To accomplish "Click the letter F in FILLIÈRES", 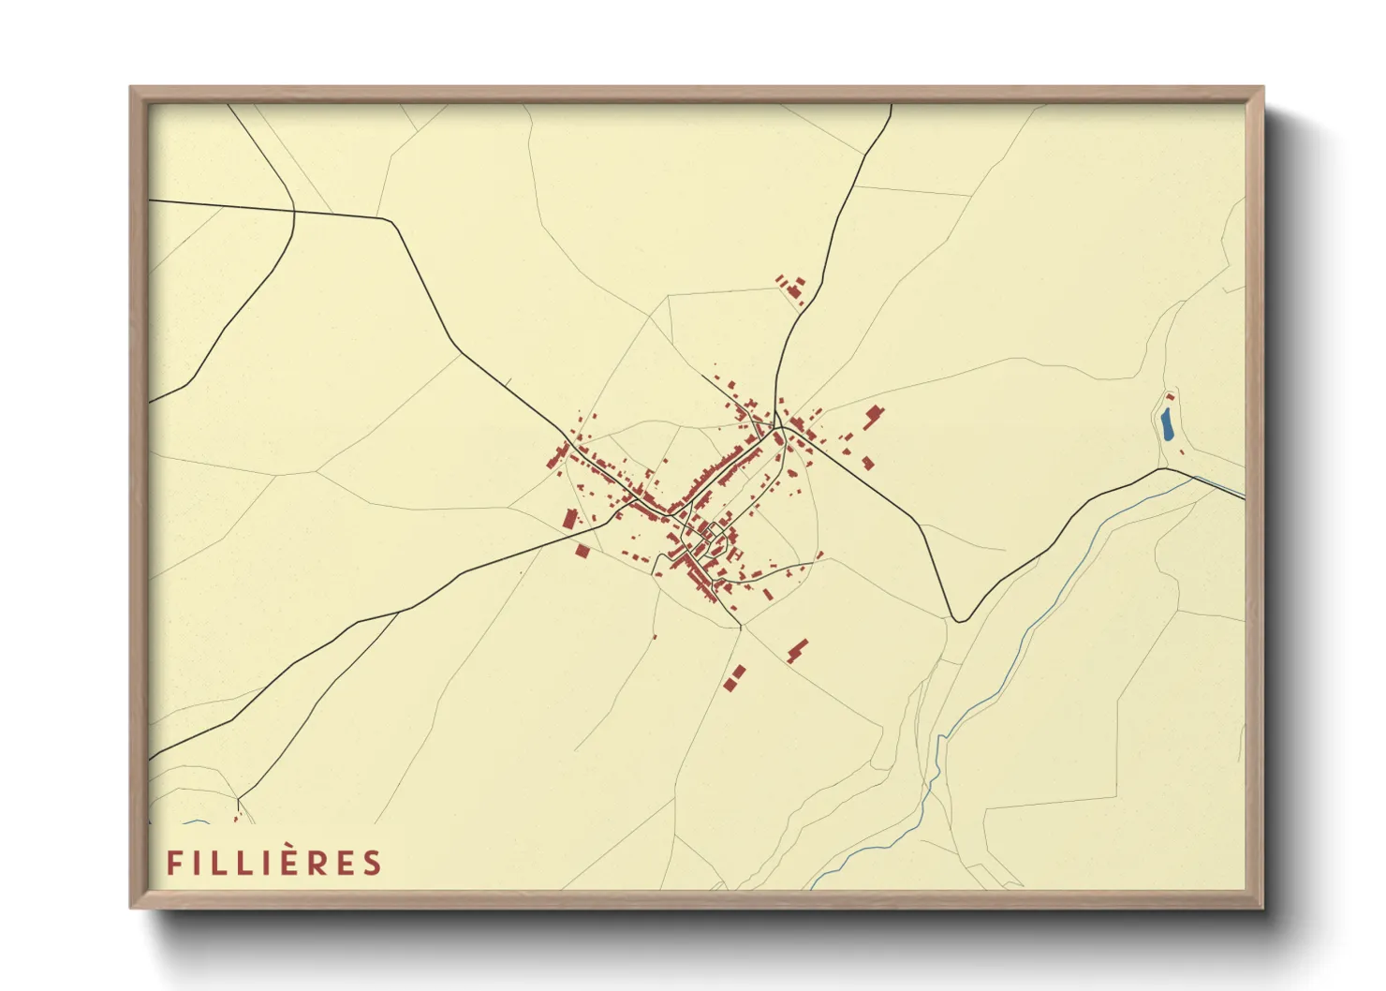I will point(174,863).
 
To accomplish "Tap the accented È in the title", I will point(286,862).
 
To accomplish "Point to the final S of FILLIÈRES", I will point(373,863).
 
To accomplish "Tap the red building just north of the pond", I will point(1170,397).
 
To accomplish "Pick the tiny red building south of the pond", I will point(1182,453).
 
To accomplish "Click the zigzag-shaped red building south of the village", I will point(797,650).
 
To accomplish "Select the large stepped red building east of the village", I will point(874,415).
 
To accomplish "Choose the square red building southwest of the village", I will point(582,552).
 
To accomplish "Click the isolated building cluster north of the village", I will point(792,288).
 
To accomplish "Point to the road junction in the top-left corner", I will point(294,211).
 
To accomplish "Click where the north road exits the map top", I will point(891,106).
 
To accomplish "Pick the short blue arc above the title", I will point(197,822).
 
